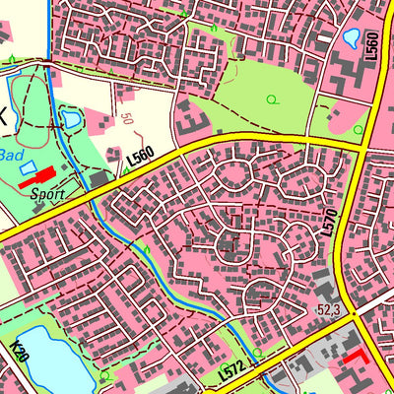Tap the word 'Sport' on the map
click(x=46, y=194)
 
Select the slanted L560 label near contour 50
click(x=140, y=157)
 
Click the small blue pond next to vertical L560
click(x=351, y=38)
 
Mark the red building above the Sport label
click(x=37, y=178)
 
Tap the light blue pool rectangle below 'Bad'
click(x=27, y=167)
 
